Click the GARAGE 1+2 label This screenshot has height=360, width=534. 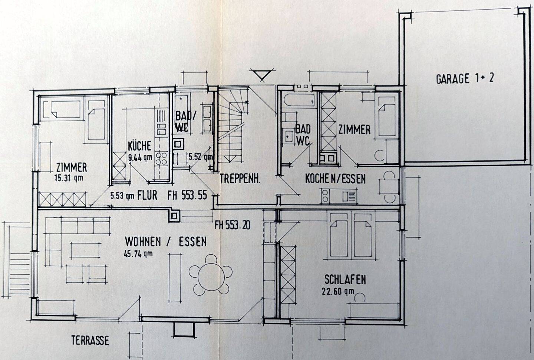tap(465, 78)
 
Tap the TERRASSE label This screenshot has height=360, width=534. tap(90, 340)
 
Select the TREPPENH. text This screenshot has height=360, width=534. tap(240, 179)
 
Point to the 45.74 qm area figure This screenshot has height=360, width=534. tap(138, 254)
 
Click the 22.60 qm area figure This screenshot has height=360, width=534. tap(338, 291)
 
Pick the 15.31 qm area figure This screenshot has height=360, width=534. tap(69, 178)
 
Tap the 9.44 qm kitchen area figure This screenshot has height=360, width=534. tap(140, 157)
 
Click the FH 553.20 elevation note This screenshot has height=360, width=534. tap(233, 225)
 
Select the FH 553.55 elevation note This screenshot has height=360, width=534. tap(187, 196)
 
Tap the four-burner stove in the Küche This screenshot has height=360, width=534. tap(161, 158)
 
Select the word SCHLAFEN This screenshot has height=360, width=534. tap(345, 279)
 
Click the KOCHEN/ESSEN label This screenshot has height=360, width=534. tap(335, 179)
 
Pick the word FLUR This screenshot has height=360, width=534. tap(147, 196)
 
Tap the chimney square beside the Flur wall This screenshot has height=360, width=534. tap(174, 216)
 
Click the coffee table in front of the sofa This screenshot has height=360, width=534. tap(85, 250)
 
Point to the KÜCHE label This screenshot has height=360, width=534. tap(139, 146)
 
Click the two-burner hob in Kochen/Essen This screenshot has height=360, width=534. tap(325, 196)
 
